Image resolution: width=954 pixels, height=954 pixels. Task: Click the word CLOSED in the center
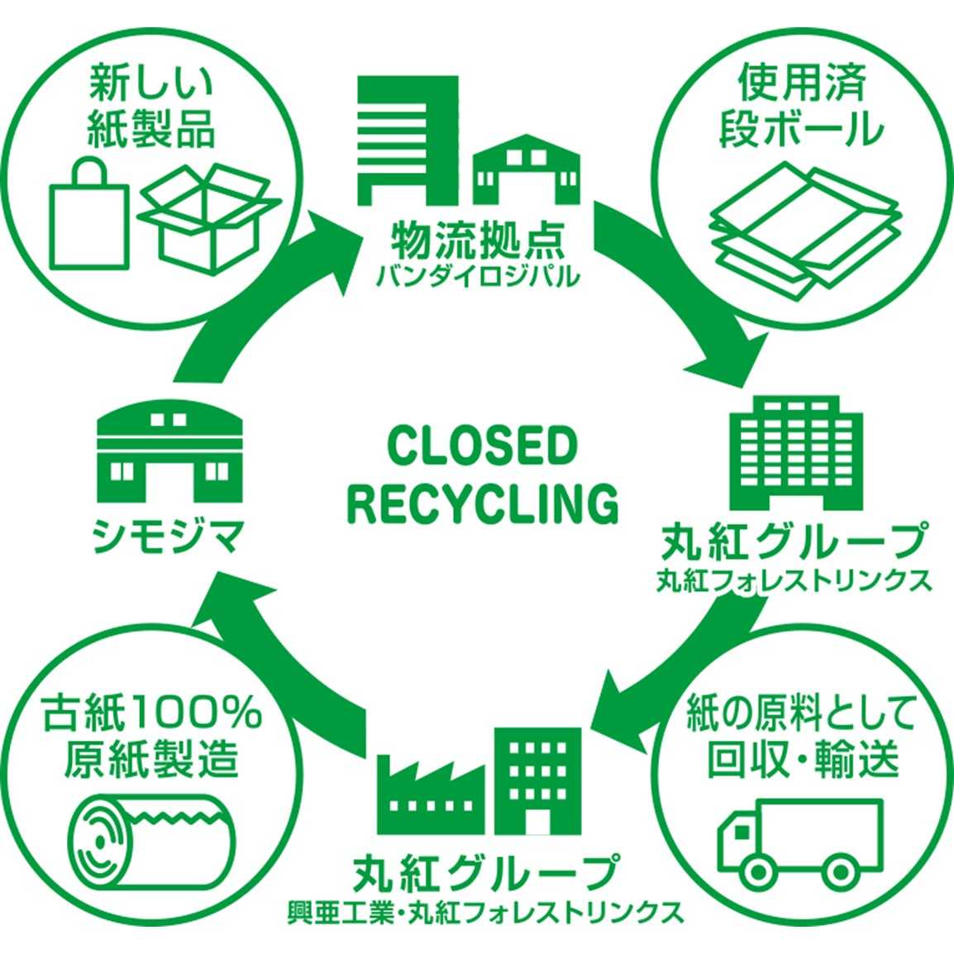click(x=480, y=447)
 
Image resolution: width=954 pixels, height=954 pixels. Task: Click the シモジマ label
click(x=169, y=539)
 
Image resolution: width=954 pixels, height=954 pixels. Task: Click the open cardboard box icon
click(x=210, y=217)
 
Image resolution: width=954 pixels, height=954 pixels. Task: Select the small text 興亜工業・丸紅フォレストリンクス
click(x=484, y=912)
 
